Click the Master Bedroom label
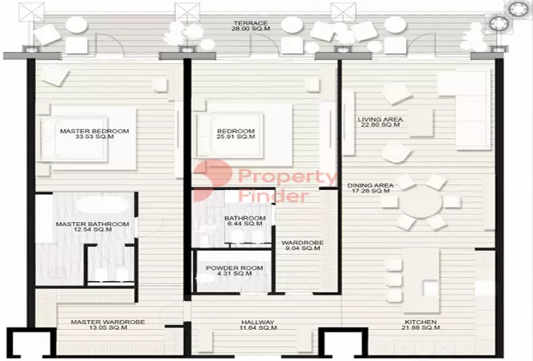(93, 130)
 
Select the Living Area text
(379, 119)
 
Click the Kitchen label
(420, 322)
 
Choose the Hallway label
(259, 322)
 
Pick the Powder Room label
(235, 268)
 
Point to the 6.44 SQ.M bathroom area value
(244, 224)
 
